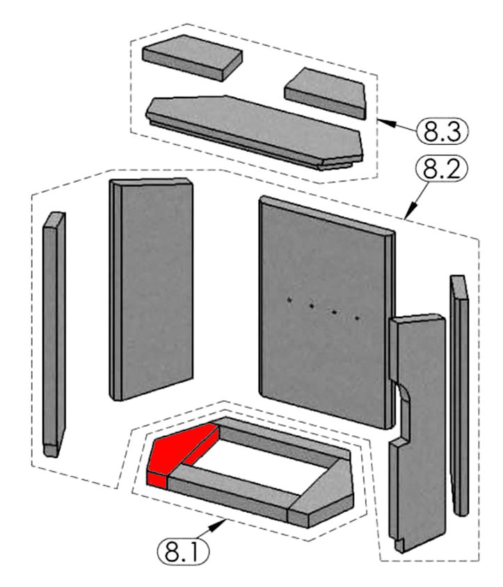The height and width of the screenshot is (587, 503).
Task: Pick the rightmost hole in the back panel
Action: click(358, 318)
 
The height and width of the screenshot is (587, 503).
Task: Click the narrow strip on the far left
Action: click(54, 334)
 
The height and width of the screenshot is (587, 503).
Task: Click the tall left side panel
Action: click(152, 289)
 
